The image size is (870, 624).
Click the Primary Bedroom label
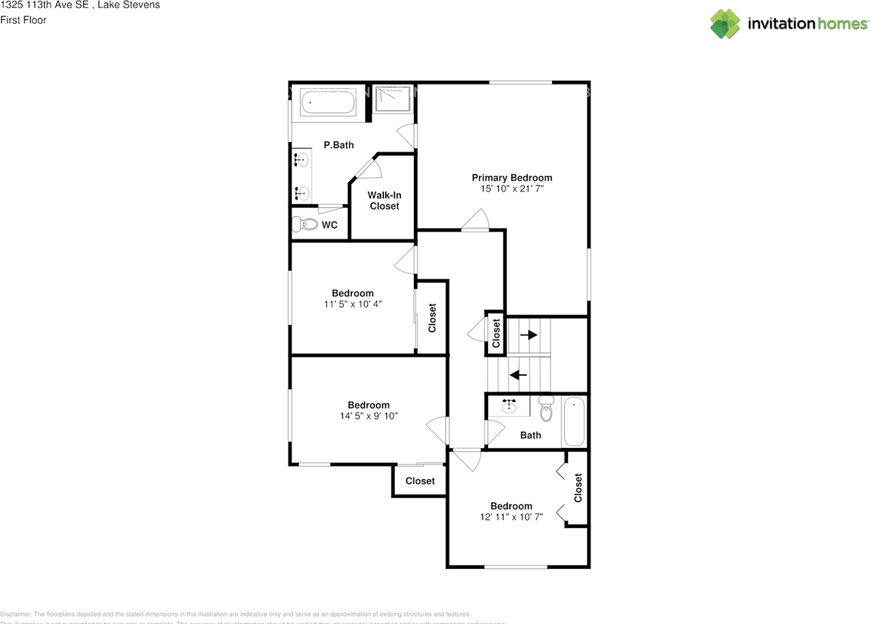point(512,178)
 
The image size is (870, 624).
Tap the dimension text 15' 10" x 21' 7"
point(512,188)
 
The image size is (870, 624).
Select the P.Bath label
point(338,145)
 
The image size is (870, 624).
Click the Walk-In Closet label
point(384,201)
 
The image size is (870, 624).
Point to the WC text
point(330,225)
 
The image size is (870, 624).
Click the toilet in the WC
point(305,224)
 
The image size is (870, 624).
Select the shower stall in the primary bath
point(392,100)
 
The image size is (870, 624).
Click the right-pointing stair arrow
point(529,334)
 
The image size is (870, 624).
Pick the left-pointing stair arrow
point(519,374)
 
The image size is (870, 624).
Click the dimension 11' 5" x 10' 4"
point(353,304)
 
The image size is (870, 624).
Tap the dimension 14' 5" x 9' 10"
point(368,415)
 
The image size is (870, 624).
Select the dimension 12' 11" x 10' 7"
point(511,517)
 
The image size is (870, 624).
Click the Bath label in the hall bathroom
point(531,435)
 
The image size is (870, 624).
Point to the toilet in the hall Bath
point(546,410)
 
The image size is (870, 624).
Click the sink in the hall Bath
point(510,406)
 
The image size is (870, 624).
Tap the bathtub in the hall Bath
point(574,421)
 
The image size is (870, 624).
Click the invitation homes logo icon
point(725,24)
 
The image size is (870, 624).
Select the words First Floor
point(23,20)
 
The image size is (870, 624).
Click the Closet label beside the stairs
point(496,334)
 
